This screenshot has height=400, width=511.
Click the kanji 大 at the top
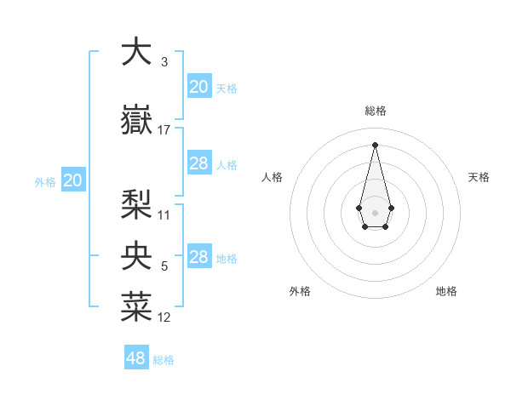(136, 51)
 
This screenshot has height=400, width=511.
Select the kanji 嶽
(136, 120)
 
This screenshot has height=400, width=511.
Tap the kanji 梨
(136, 205)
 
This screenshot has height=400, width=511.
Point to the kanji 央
(136, 255)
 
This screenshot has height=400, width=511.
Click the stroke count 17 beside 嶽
(164, 130)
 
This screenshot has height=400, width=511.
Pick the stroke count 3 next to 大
(164, 62)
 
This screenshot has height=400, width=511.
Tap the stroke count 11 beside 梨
(164, 215)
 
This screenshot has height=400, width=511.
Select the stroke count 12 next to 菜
(164, 317)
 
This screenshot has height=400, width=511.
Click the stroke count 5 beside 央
(164, 266)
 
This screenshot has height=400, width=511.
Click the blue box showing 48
(136, 358)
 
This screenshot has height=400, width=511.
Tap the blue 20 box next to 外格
(73, 180)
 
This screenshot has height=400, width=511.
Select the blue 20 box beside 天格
(198, 87)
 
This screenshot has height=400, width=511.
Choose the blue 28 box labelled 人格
(198, 163)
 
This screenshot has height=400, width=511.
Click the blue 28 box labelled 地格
(198, 257)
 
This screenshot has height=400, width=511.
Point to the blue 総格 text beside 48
(164, 360)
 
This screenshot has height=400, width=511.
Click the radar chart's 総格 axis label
(376, 111)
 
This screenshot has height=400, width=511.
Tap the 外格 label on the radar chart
(300, 291)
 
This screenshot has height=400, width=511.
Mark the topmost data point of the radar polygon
(375, 144)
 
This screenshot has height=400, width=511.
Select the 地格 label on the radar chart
(446, 291)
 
